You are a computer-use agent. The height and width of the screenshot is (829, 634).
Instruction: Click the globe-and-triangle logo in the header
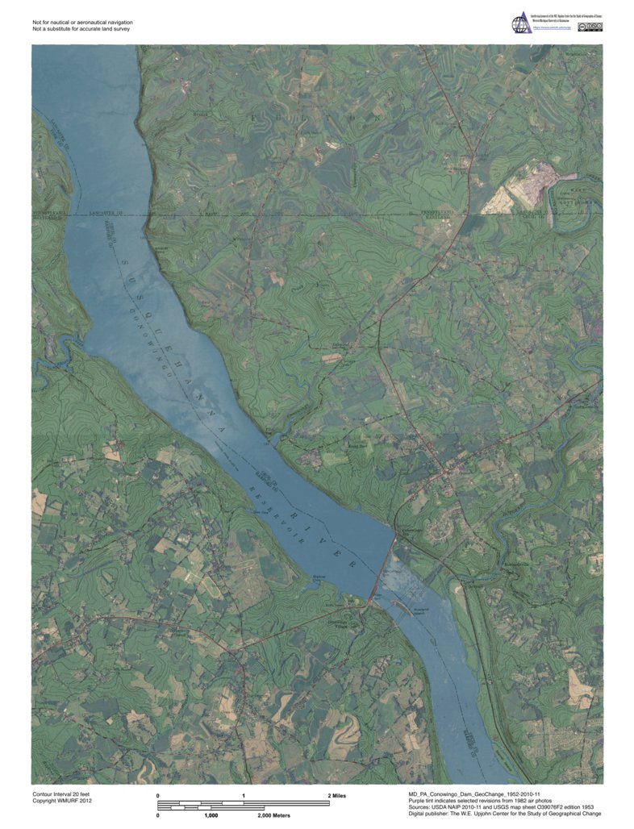519,23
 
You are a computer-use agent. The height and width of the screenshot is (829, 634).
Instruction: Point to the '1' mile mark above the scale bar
244,796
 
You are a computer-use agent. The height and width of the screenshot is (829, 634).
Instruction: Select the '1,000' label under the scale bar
211,816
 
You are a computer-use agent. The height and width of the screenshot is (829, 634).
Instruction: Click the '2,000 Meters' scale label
273,816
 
